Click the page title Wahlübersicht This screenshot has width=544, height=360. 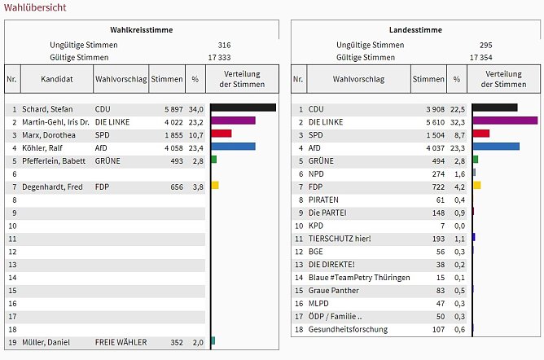tap(35, 7)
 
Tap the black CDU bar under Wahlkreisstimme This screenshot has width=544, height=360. tap(243, 108)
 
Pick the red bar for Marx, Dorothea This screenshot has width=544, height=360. tap(221, 134)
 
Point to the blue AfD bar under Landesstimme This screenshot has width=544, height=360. tap(496, 147)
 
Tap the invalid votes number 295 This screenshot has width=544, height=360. tap(486, 45)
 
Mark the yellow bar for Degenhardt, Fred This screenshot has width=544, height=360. tap(215, 186)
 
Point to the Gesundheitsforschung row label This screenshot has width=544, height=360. tap(348, 330)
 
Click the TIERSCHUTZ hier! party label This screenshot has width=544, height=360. tap(340, 239)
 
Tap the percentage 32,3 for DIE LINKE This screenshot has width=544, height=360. tap(458, 121)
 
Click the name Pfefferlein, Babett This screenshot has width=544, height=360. tap(55, 160)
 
